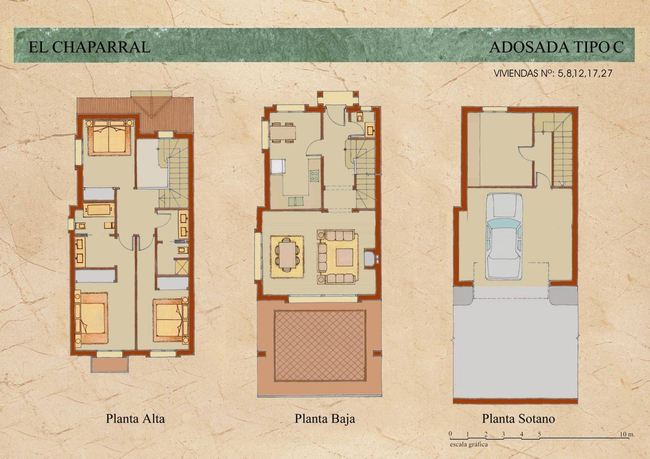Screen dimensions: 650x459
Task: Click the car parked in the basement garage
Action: [505, 237]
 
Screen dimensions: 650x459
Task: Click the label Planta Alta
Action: [135, 419]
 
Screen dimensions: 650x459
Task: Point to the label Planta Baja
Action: [325, 419]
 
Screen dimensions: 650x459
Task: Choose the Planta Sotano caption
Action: [518, 419]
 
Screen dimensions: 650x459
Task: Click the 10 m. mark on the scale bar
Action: [627, 434]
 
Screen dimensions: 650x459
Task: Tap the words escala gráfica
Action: [469, 445]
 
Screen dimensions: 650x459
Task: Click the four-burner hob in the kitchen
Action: [314, 175]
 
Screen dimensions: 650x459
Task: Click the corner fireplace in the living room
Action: [370, 258]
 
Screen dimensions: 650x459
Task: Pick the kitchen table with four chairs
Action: [282, 133]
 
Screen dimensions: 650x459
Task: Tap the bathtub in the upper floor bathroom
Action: [99, 210]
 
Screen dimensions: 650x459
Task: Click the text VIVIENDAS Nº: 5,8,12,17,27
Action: [553, 73]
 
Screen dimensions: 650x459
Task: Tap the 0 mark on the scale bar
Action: [450, 434]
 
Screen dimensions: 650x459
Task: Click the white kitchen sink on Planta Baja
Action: [278, 166]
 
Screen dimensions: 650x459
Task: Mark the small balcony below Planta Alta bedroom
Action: [110, 364]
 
